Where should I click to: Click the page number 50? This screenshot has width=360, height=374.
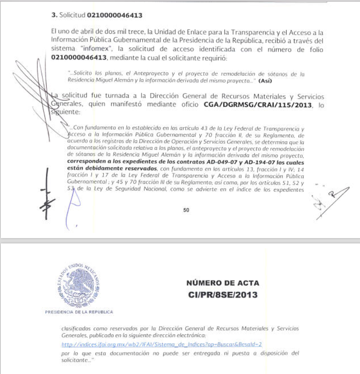(x=186, y=210)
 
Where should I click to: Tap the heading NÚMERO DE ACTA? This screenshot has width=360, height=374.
(x=223, y=283)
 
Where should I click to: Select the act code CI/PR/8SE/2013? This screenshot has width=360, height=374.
(x=223, y=295)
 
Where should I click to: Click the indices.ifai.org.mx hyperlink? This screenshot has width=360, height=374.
(x=162, y=343)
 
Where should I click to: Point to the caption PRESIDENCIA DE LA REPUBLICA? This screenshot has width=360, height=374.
(x=79, y=312)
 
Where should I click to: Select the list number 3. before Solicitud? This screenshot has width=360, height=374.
(x=54, y=15)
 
